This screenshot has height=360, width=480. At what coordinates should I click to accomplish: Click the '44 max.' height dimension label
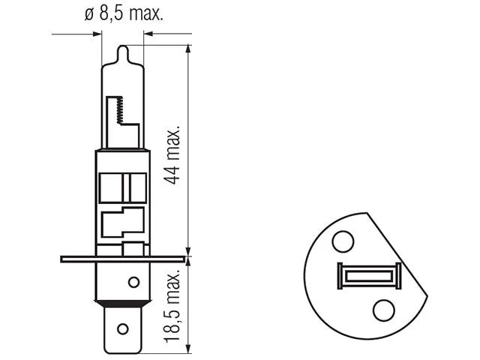click(172, 154)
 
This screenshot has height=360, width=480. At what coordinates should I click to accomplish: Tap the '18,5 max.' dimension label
click(172, 306)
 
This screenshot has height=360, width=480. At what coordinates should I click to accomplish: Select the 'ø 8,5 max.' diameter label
click(124, 13)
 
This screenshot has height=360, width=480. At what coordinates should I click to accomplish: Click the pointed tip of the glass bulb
click(123, 46)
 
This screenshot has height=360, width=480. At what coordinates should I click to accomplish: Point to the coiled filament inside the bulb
click(120, 110)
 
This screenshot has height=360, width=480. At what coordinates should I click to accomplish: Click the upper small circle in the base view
click(343, 241)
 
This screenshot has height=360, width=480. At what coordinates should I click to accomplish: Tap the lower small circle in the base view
click(383, 310)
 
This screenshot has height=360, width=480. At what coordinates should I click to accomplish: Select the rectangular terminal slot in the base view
click(369, 275)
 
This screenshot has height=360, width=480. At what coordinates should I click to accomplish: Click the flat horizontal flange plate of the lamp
click(123, 259)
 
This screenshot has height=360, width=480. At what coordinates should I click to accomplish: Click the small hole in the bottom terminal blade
click(123, 329)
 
